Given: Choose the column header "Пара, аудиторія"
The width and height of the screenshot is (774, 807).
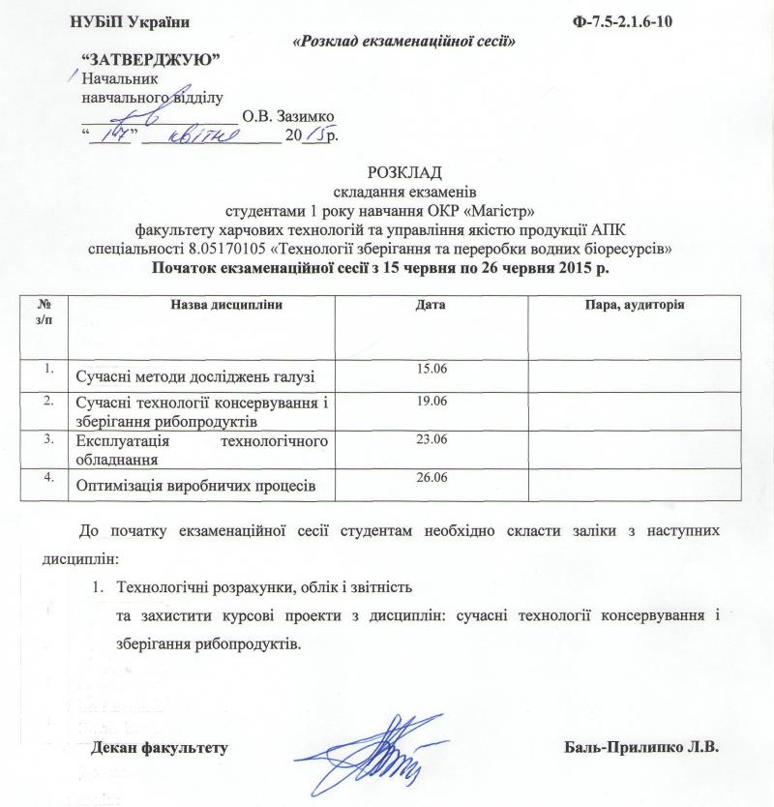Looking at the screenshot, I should coord(629,306).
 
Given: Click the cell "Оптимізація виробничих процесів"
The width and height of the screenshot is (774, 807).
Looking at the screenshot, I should coord(196,485).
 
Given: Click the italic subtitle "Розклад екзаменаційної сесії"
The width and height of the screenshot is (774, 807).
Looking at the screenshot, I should coord(402,42).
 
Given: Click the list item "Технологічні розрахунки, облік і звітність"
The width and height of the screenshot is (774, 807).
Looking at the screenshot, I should coord(264,587).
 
